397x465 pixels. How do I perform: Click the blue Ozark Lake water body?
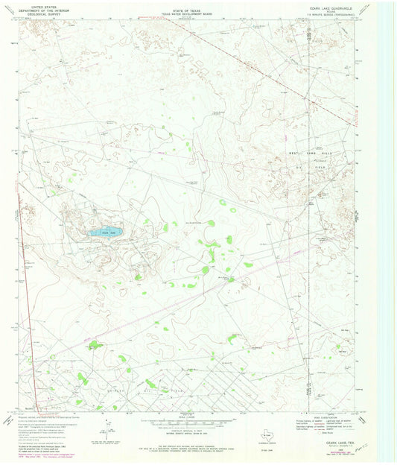coord(105,232)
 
